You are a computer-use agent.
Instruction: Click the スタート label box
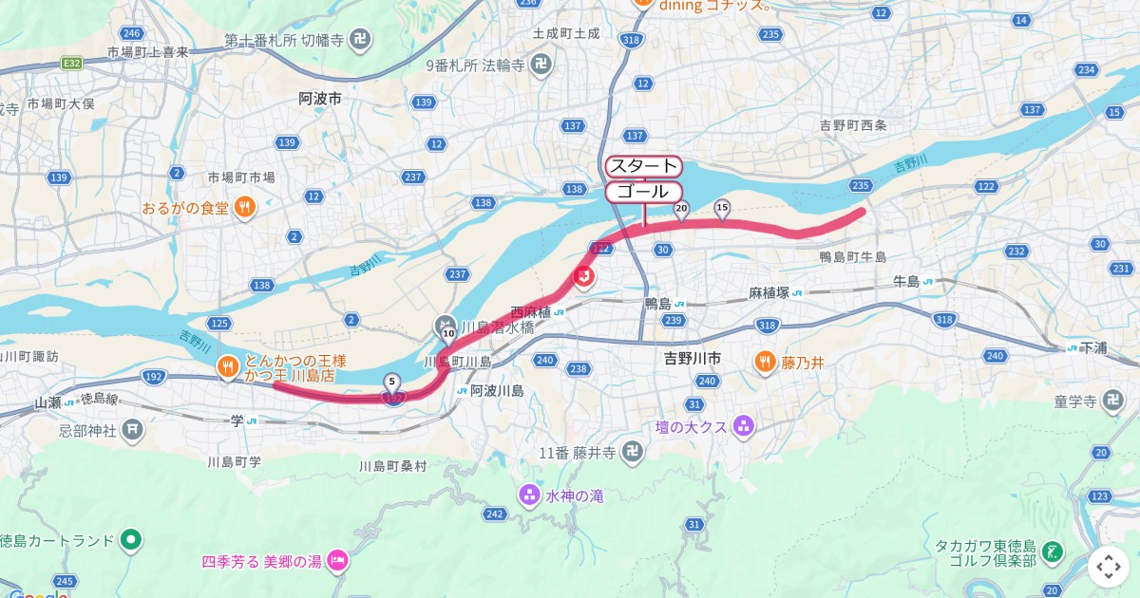pyautogui.click(x=643, y=166)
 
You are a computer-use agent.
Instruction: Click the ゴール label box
pyautogui.click(x=643, y=192)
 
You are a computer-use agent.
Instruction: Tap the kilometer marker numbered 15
pyautogui.click(x=721, y=207)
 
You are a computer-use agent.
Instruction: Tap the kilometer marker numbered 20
pyautogui.click(x=680, y=209)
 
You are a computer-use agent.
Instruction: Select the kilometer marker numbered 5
pyautogui.click(x=391, y=382)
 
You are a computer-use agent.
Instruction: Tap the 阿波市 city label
pyautogui.click(x=320, y=99)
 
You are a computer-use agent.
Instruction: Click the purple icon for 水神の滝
pyautogui.click(x=529, y=495)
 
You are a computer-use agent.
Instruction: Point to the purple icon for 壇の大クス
pyautogui.click(x=743, y=427)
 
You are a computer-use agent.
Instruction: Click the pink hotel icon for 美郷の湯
pyautogui.click(x=337, y=562)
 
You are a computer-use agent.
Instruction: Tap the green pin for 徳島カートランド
pyautogui.click(x=131, y=540)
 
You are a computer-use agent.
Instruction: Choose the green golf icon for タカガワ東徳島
pyautogui.click(x=1052, y=551)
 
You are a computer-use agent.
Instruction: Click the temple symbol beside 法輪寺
pyautogui.click(x=541, y=65)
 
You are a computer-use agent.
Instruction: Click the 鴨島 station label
pyautogui.click(x=657, y=304)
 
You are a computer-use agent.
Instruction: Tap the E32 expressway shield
pyautogui.click(x=70, y=63)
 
